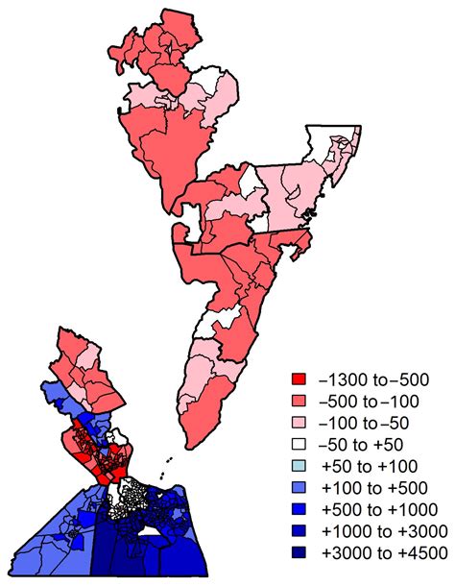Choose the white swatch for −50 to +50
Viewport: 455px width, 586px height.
pos(299,442)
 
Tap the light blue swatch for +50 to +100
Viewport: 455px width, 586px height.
pos(299,464)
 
